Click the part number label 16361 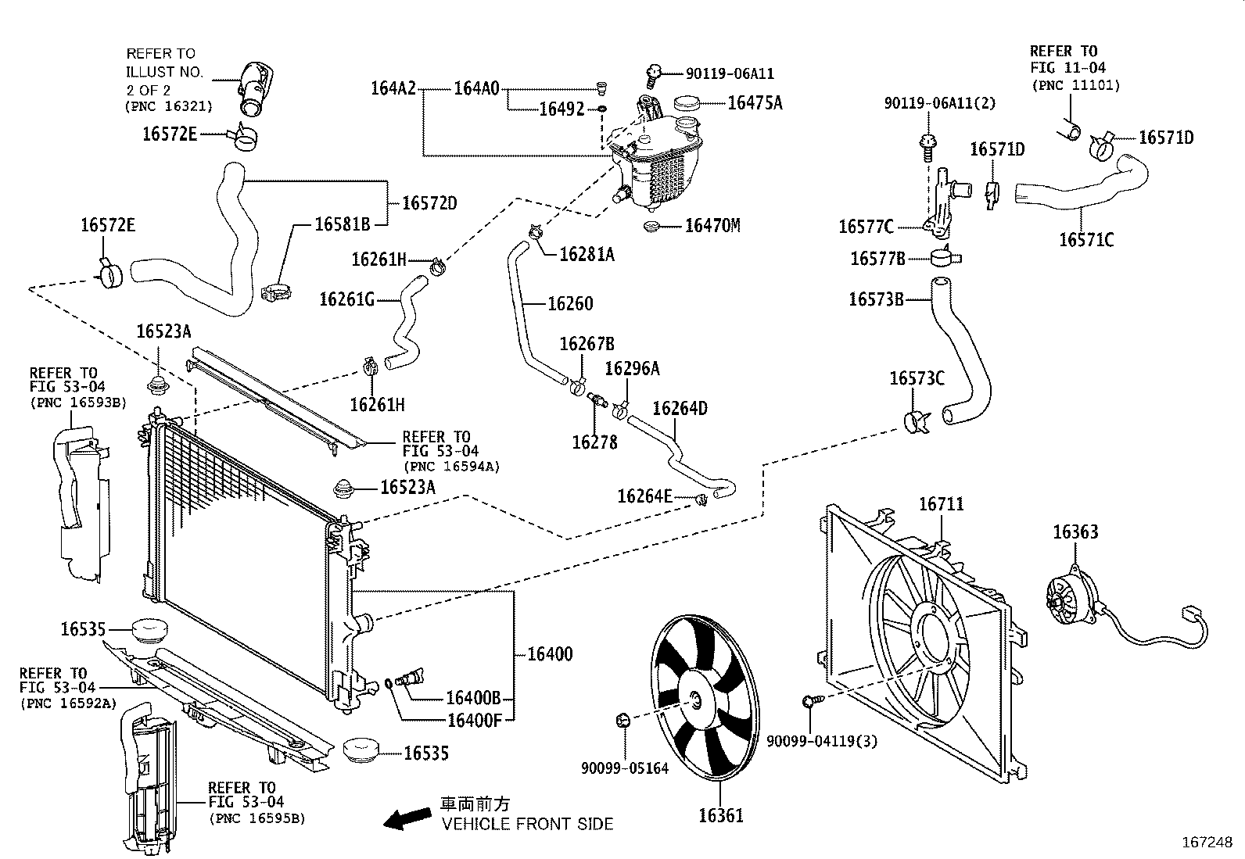click(x=720, y=816)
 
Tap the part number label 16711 click(x=941, y=504)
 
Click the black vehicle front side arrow click(x=407, y=818)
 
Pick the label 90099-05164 click(x=624, y=768)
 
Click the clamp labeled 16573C click(x=915, y=421)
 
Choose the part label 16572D click(x=429, y=203)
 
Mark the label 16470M click(x=712, y=226)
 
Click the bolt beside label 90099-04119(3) click(x=810, y=702)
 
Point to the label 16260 click(x=570, y=303)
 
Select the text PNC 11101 click(x=1075, y=85)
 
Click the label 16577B click(x=877, y=258)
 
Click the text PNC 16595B click(x=257, y=818)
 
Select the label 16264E click(x=644, y=496)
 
